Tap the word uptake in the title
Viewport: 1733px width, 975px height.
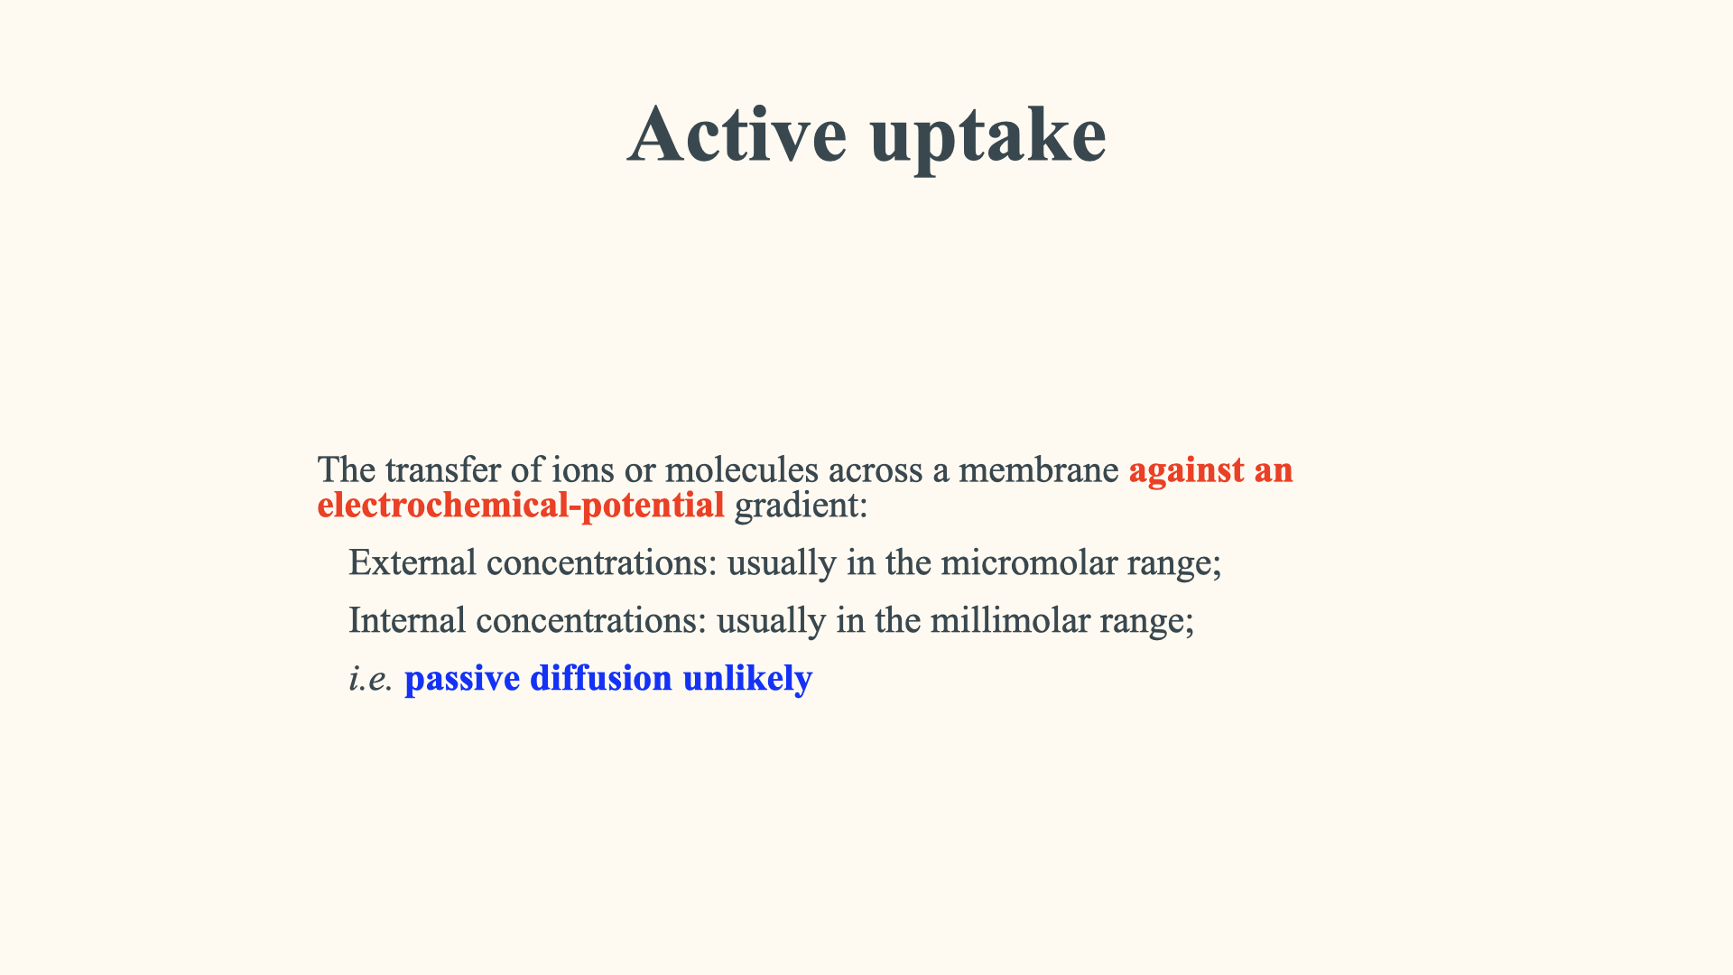click(x=988, y=136)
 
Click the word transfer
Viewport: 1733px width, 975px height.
click(x=442, y=470)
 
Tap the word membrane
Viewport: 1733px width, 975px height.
click(x=1038, y=470)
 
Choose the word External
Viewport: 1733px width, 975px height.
click(x=412, y=563)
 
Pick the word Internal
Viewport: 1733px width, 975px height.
click(x=407, y=621)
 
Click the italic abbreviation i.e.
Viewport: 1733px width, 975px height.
click(x=371, y=679)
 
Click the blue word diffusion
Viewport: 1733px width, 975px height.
click(x=601, y=678)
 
